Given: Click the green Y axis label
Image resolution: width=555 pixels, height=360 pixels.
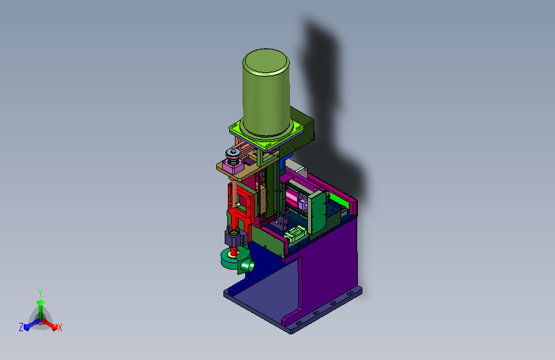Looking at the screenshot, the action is (40, 293).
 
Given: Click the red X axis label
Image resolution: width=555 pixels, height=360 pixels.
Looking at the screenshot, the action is (60, 328).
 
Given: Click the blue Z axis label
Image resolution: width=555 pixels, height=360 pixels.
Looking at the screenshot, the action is (21, 327).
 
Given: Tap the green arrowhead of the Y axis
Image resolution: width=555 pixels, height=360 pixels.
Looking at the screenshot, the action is (41, 303).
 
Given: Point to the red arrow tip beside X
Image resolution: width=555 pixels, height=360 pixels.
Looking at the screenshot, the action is (54, 327).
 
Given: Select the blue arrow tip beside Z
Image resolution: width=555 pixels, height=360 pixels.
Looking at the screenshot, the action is (27, 327).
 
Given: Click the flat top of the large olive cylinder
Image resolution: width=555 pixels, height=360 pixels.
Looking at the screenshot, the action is (266, 62).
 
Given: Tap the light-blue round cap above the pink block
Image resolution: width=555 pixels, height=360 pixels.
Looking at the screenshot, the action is (233, 153).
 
